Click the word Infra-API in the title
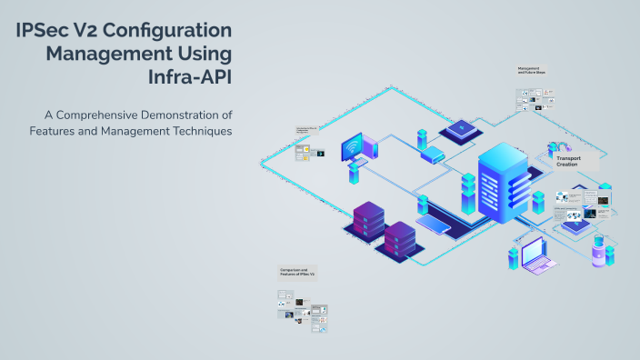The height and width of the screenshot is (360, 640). coord(189,76)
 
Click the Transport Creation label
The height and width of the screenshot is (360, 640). coord(568,161)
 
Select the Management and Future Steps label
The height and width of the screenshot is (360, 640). coord(531,70)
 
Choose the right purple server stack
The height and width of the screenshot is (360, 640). coord(400,239)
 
